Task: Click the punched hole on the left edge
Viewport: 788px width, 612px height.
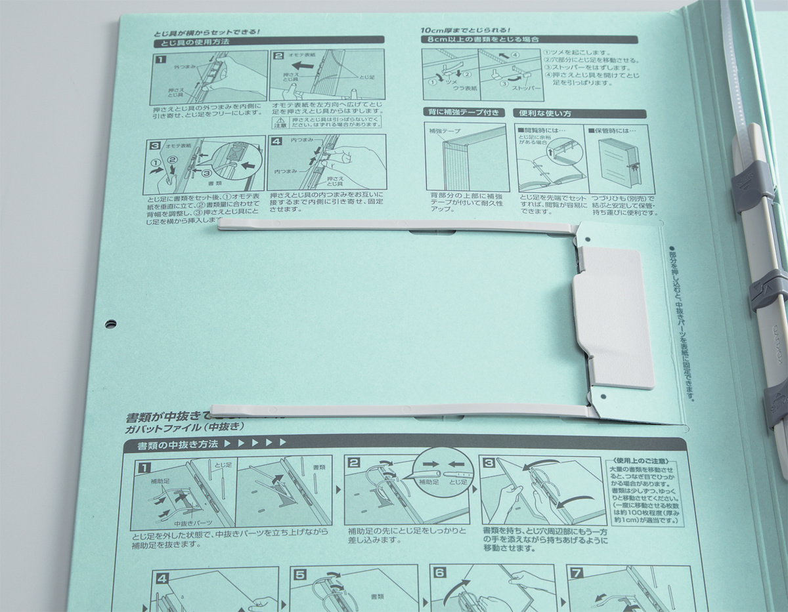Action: [x=110, y=323]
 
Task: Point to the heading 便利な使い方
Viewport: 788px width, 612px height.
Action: [x=546, y=113]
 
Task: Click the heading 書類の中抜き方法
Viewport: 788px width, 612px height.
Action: [x=171, y=445]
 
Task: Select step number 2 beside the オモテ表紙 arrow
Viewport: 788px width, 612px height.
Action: [x=278, y=57]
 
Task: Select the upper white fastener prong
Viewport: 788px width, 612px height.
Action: [x=394, y=226]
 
